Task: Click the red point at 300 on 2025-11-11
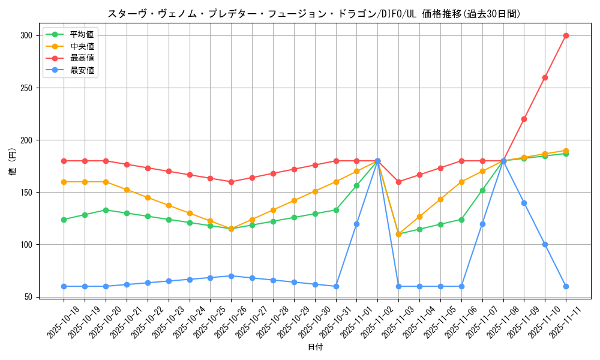click(x=566, y=35)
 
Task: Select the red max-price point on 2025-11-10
click(x=545, y=77)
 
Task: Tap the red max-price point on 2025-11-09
click(x=524, y=119)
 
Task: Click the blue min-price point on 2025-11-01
click(x=356, y=224)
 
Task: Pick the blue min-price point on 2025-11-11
click(x=566, y=286)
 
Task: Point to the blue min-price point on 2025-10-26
click(x=231, y=276)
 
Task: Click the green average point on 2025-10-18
click(x=64, y=220)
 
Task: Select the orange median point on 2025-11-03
click(x=398, y=234)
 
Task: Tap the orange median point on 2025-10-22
click(x=148, y=197)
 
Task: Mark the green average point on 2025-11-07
click(x=482, y=190)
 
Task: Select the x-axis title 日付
click(x=315, y=347)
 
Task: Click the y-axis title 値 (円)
click(x=12, y=162)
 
